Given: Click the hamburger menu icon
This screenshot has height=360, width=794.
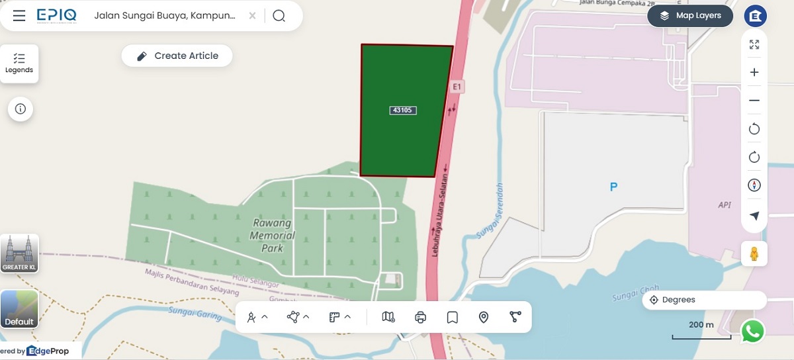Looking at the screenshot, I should click(19, 16).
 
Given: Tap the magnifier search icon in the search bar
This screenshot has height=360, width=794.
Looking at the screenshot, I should click(279, 16).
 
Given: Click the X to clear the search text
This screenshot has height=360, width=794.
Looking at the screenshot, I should click(252, 16).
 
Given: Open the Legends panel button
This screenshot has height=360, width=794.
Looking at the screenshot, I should click(19, 64).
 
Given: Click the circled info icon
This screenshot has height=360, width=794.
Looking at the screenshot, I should click(21, 109).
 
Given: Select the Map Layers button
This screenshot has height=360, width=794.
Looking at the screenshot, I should click(690, 16).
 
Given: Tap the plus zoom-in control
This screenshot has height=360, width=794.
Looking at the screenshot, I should click(754, 72).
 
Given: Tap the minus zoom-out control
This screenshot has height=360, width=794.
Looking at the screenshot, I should click(754, 101).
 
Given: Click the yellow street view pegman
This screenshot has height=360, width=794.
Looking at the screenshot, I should click(754, 253).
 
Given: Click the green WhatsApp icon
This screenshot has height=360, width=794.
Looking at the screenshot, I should click(752, 331).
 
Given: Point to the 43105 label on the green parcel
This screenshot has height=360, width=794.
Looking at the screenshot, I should click(403, 111).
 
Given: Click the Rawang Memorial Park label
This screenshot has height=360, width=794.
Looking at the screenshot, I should click(273, 236).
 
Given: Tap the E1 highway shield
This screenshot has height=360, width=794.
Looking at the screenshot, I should click(456, 87).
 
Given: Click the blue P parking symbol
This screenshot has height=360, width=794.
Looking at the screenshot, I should click(613, 187).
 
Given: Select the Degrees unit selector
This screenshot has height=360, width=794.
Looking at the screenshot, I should click(704, 300).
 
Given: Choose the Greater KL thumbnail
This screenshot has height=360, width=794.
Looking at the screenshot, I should click(19, 253).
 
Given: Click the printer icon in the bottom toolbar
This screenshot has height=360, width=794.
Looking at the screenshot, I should click(421, 318).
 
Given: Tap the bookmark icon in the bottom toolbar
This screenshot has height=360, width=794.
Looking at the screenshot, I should click(453, 318).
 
